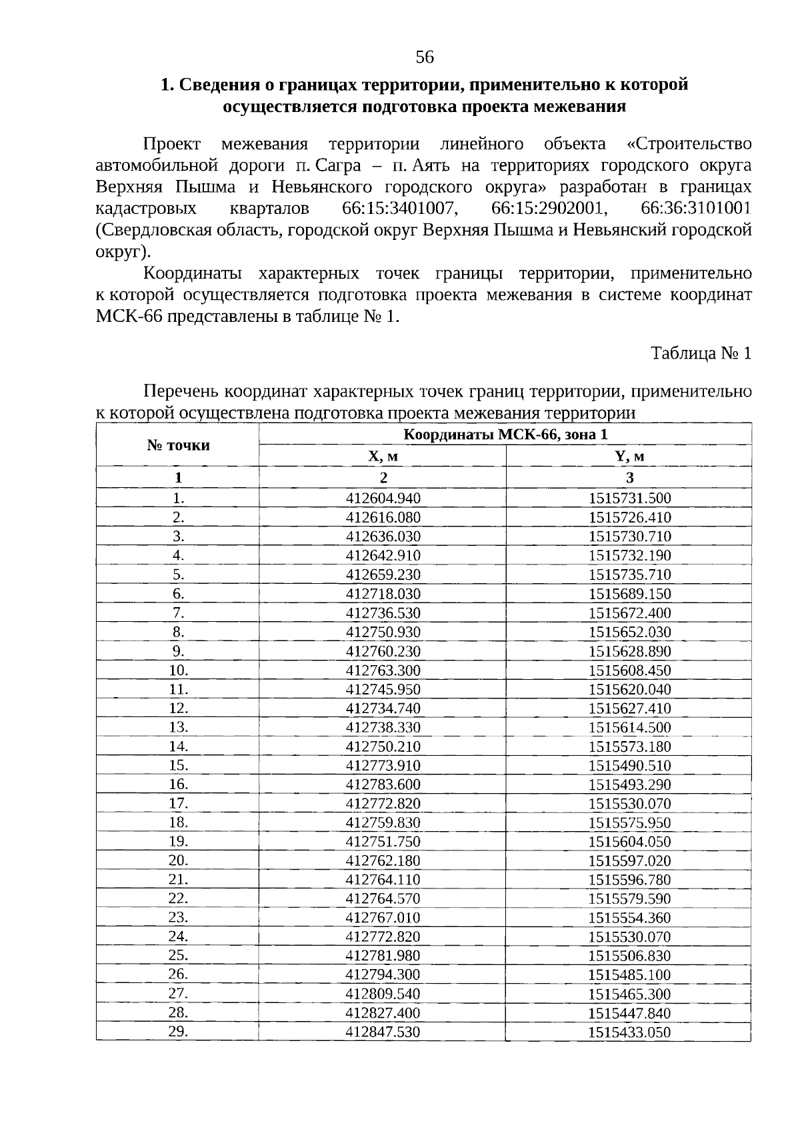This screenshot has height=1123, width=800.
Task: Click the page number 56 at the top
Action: click(x=425, y=57)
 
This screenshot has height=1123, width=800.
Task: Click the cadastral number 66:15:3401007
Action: click(x=400, y=209)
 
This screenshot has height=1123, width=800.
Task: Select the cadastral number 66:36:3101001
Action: click(x=696, y=209)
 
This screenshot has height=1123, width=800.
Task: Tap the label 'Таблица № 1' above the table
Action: click(x=701, y=353)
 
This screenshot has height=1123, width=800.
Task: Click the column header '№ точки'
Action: click(x=178, y=445)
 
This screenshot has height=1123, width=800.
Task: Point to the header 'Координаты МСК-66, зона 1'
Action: click(x=505, y=435)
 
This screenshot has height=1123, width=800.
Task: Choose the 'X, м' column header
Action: click(x=383, y=457)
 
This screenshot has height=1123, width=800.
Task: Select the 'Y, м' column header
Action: click(x=629, y=457)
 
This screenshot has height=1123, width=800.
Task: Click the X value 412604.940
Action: click(x=383, y=499)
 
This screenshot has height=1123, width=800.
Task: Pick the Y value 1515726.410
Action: click(x=629, y=518)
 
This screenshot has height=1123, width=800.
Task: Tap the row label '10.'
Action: click(x=178, y=670)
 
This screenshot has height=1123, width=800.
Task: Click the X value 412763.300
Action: click(x=383, y=670)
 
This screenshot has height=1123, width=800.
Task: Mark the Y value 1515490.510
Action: click(x=629, y=766)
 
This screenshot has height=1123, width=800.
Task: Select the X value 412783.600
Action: click(x=383, y=784)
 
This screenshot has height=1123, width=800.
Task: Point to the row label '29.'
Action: click(x=178, y=1032)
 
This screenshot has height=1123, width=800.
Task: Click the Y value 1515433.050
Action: click(x=629, y=1033)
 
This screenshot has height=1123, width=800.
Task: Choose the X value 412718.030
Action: click(x=383, y=594)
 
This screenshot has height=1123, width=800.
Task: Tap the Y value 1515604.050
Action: click(x=629, y=842)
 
